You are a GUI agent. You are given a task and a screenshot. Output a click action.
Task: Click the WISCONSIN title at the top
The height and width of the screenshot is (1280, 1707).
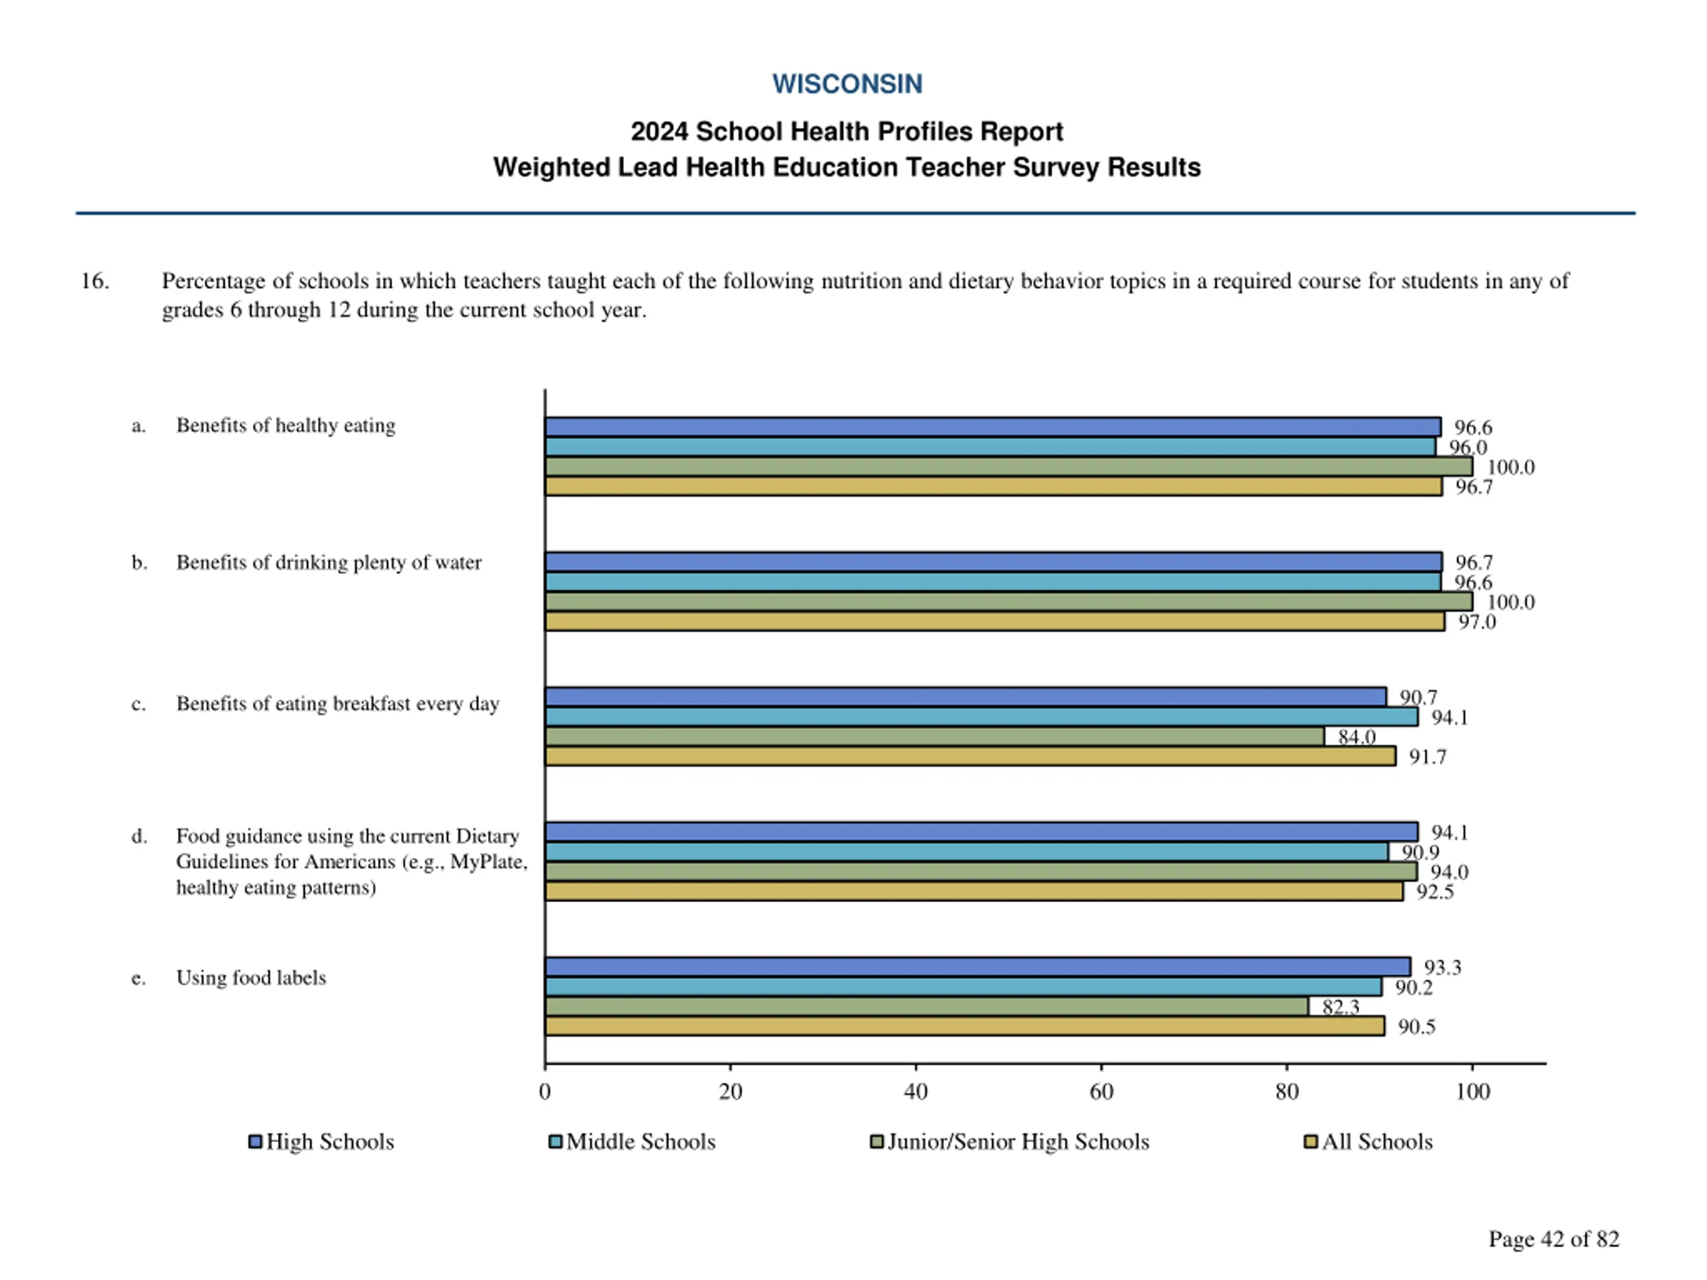(x=847, y=84)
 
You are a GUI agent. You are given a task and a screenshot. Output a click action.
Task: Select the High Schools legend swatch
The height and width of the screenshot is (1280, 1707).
(x=255, y=1141)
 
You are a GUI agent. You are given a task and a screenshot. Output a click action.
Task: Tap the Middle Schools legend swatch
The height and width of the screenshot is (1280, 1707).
(x=555, y=1141)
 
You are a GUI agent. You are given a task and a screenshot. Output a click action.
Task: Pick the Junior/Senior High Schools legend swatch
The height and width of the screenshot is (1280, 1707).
(x=877, y=1141)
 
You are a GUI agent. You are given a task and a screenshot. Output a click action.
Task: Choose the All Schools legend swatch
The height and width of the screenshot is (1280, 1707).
(x=1310, y=1141)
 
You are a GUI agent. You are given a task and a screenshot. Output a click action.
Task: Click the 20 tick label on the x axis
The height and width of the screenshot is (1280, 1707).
(x=730, y=1091)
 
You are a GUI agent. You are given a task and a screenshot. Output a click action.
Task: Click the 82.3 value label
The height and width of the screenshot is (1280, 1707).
(x=1340, y=1007)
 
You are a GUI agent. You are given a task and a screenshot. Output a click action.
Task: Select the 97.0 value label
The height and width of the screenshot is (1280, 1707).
(x=1477, y=622)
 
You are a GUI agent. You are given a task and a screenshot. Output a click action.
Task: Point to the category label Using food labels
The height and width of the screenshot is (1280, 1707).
(x=251, y=977)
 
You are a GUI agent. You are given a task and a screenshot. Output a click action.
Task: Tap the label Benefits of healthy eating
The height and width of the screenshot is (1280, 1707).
(x=285, y=425)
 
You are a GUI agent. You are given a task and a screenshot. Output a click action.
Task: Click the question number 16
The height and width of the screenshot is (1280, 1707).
(x=95, y=281)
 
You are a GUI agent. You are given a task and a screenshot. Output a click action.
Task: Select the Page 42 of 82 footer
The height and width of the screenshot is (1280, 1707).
(x=1554, y=1239)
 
